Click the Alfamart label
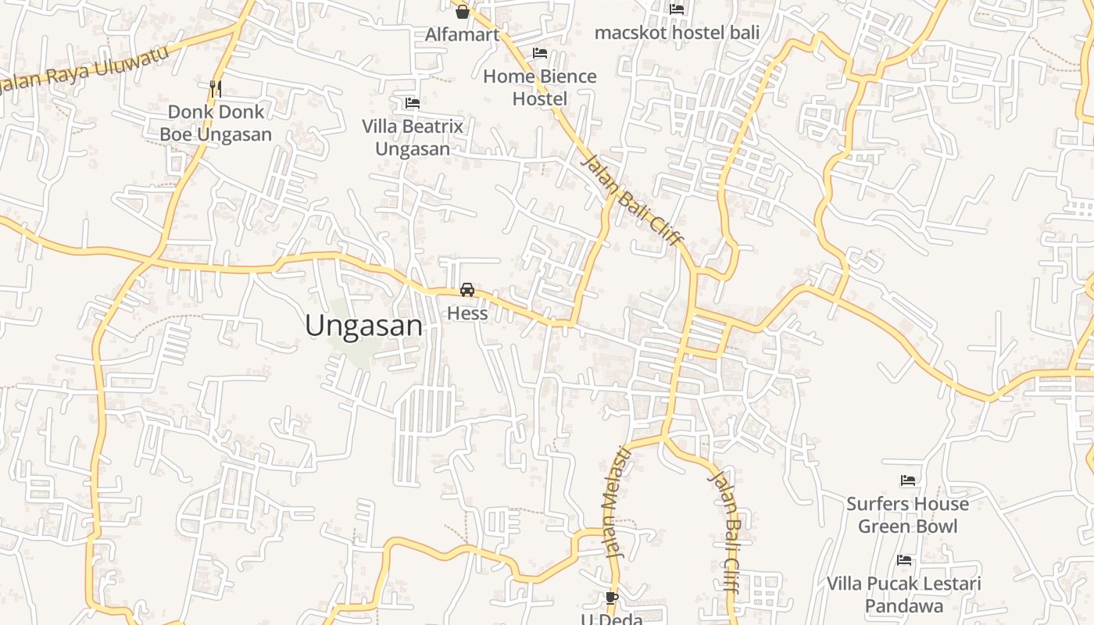[462, 34]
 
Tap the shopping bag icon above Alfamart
[462, 11]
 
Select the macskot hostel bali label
[677, 33]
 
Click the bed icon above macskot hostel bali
[677, 9]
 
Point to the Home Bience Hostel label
[539, 87]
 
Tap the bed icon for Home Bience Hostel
[539, 53]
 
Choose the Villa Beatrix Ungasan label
[413, 137]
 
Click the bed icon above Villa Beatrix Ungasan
[413, 102]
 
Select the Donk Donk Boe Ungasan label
[216, 123]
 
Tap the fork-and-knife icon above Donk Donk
[216, 88]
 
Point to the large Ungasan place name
[364, 326]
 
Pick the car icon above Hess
[467, 290]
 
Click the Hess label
[467, 313]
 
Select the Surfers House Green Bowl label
[907, 515]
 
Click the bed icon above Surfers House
[907, 480]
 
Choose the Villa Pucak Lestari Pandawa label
[904, 595]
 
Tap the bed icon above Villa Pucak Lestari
[904, 559]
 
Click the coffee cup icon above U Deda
[612, 598]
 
